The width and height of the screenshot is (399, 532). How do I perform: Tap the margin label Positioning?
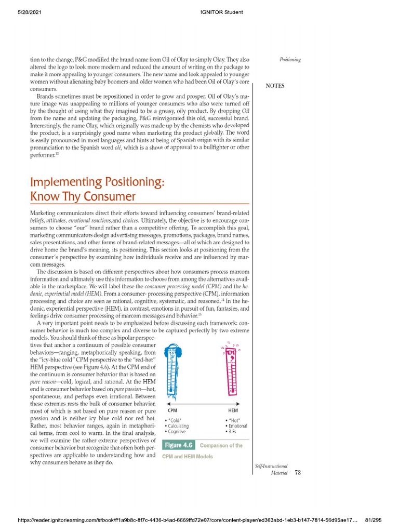pos(290,60)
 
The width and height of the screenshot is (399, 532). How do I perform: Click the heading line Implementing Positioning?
pos(97,182)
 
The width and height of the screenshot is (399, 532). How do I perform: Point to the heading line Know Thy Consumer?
pos(83,196)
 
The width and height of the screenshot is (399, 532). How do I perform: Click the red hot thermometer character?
pos(232,370)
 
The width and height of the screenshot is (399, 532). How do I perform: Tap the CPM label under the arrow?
pos(173,410)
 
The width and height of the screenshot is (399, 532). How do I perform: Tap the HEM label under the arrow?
pos(233,410)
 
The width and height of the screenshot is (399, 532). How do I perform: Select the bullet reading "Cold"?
pos(174,420)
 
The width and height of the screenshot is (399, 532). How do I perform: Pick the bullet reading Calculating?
pos(178,426)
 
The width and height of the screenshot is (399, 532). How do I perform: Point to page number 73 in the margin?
pos(297,473)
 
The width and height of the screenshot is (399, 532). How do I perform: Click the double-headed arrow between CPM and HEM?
pos(202,404)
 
